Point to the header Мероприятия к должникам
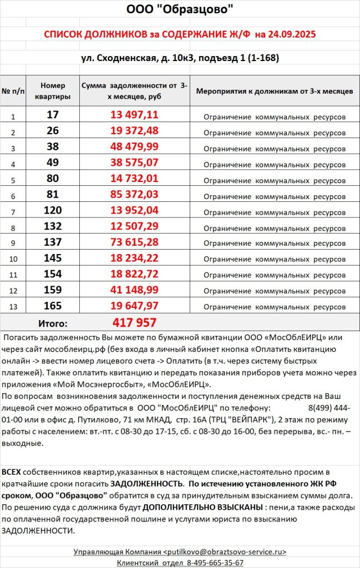coord(274,91)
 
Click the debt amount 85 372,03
coord(135,195)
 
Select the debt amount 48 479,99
coord(135,147)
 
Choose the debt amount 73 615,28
coord(135,243)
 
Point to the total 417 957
coord(135,323)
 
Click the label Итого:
coord(53,323)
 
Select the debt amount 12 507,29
coord(135,227)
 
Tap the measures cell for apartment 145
coord(274,259)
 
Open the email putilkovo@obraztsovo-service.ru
coord(225,551)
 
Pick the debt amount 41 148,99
coord(135,290)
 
